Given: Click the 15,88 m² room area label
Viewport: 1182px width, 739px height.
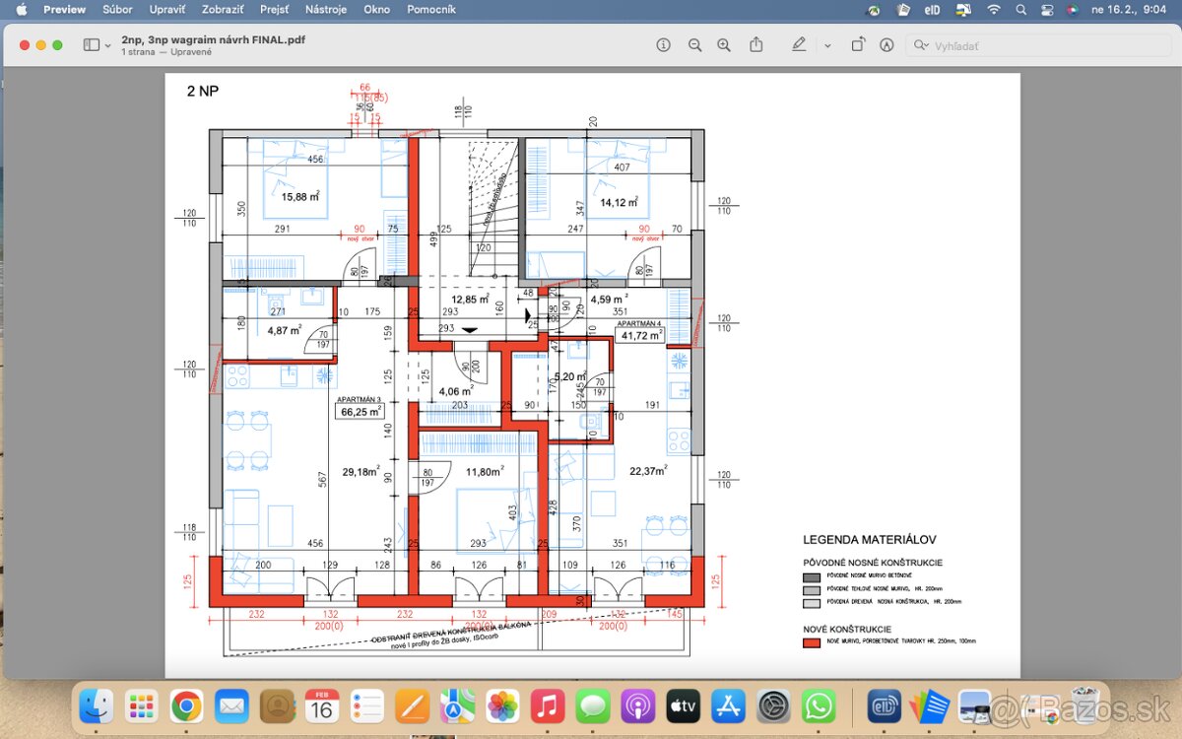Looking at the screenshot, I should (300, 197).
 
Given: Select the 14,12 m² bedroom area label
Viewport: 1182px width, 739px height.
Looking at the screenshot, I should (619, 203).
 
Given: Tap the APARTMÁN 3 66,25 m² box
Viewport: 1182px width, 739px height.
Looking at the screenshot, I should (360, 409).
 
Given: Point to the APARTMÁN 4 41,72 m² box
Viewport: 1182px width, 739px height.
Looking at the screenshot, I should (640, 331).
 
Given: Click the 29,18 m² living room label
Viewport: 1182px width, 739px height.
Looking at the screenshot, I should (360, 472).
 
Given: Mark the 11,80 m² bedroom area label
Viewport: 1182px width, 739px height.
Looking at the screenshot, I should (485, 472).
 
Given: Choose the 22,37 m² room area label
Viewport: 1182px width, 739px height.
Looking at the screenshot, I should (648, 471).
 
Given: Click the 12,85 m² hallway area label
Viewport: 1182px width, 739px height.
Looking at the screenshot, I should (470, 300).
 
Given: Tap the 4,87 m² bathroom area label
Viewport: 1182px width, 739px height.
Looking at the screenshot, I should (285, 331).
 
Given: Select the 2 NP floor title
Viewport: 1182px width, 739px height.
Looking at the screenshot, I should (203, 92).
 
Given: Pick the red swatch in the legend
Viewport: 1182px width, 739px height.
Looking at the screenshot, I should (812, 642).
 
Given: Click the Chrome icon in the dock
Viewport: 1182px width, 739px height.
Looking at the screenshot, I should (186, 706).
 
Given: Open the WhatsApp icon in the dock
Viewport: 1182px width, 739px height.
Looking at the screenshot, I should (819, 706).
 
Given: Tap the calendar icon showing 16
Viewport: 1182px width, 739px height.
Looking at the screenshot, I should (322, 706).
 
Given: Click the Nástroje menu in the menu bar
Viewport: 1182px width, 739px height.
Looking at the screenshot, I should (326, 9).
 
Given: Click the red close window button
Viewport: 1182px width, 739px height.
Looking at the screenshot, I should (25, 45).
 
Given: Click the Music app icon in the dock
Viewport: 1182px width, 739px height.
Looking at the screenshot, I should (547, 706).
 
